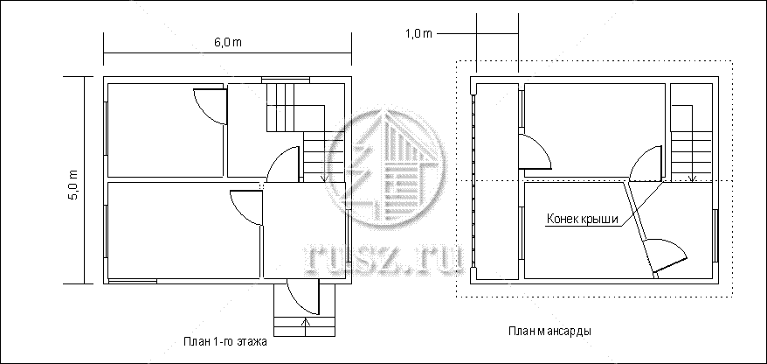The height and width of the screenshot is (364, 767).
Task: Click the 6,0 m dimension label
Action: click(227, 42)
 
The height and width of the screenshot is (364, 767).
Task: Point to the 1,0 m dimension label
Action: click(418, 33)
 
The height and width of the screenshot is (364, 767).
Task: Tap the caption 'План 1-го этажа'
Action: click(225, 342)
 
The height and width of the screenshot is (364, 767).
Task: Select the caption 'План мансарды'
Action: click(549, 331)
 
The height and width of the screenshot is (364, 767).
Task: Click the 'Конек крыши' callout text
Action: click(583, 219)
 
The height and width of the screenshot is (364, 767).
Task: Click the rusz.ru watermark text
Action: click(384, 258)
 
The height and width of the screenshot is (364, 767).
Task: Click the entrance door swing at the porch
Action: click(303, 297)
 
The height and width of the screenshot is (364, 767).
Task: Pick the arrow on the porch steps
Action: click(307, 326)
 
